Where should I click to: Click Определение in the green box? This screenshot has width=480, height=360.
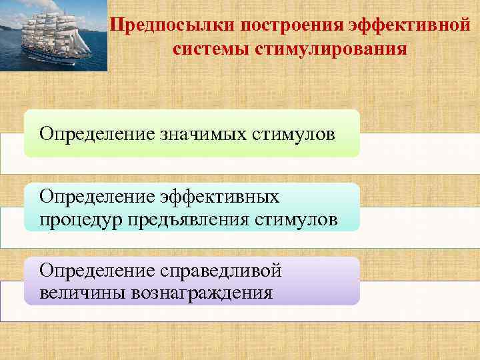[x=97, y=134]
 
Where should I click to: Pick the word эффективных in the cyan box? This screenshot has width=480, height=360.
[x=220, y=197]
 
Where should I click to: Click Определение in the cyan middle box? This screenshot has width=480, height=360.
[x=97, y=197]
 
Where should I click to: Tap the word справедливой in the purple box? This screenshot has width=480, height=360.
[x=221, y=271]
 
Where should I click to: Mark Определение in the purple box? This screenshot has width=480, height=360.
[x=97, y=271]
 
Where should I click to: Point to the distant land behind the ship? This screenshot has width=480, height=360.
[x=10, y=27]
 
